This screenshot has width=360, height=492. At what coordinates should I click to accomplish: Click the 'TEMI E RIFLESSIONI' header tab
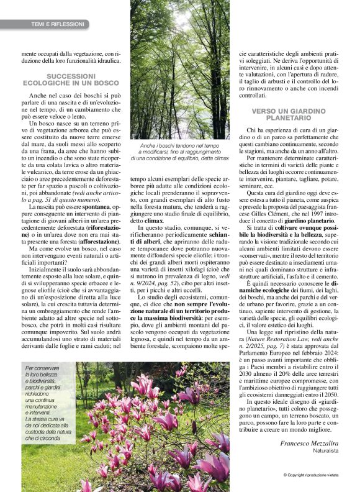click(57, 24)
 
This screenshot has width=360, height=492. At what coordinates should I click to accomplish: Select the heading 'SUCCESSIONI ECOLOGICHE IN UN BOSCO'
click(66, 79)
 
